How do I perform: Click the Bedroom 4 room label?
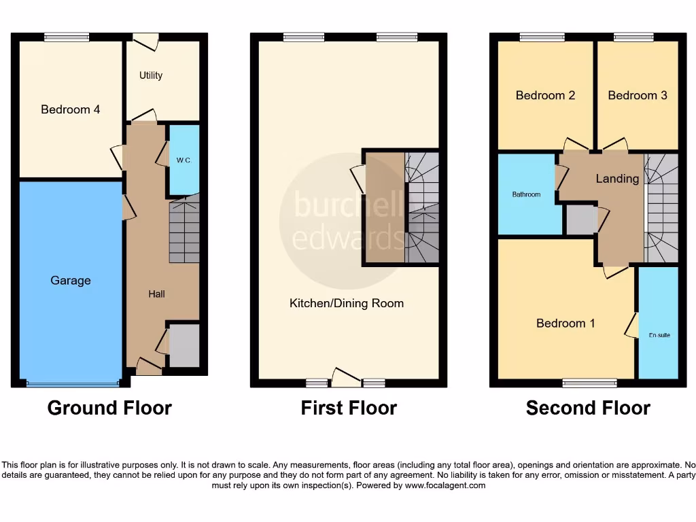(70, 109)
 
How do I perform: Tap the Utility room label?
(151, 75)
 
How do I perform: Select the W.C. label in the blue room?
(184, 160)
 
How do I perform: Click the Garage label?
(70, 280)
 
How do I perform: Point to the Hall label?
(157, 294)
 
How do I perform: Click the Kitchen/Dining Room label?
(347, 303)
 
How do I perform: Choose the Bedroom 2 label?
(545, 95)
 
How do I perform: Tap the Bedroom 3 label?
(638, 95)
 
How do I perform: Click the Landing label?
(617, 179)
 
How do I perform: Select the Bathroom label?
(526, 194)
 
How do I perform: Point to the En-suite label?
(659, 335)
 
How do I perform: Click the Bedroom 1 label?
(565, 323)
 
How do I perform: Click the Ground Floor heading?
(109, 408)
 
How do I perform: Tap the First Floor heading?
(349, 408)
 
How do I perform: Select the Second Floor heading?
(588, 408)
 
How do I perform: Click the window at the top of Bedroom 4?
(67, 37)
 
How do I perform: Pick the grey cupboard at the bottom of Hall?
(184, 346)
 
